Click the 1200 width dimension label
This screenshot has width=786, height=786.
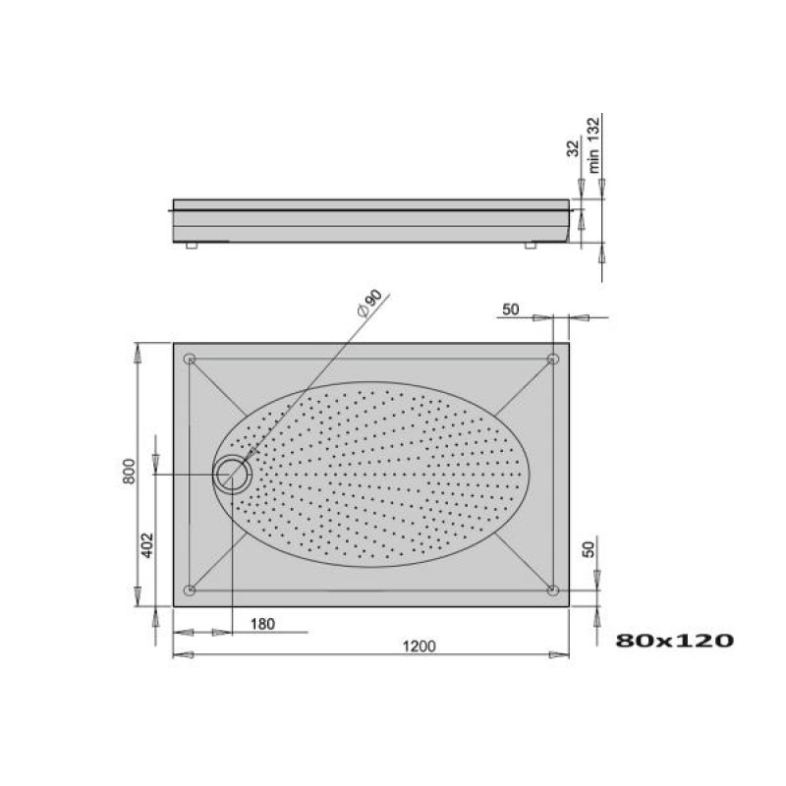[x=420, y=646]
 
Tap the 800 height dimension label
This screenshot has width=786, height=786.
[x=130, y=472]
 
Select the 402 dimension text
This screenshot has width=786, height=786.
[x=147, y=545]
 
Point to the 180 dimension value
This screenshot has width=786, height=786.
[x=262, y=624]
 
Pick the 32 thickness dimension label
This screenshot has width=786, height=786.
[x=573, y=148]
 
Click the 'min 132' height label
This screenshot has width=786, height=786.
[x=593, y=145]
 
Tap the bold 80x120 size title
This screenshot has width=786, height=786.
[x=674, y=641]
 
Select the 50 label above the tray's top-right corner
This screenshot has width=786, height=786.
[x=510, y=309]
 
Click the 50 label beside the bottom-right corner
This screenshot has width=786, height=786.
[x=589, y=549]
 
